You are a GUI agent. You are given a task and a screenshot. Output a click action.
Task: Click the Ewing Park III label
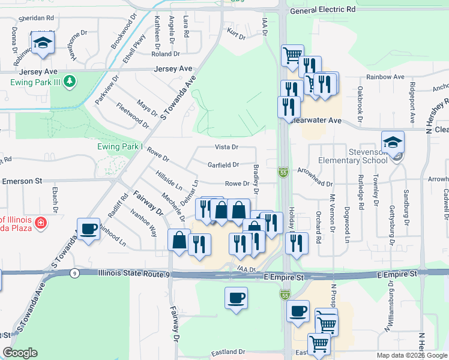[x=33, y=80]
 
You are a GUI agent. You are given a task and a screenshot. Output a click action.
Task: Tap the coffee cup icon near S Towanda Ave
[x=89, y=229]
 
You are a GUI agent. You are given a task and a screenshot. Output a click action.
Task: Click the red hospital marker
[x=40, y=223]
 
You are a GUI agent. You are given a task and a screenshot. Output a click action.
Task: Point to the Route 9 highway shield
[x=74, y=273]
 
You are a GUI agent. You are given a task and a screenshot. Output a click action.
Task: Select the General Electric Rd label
[x=322, y=10]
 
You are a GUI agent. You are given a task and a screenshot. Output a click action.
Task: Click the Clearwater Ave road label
[x=316, y=121]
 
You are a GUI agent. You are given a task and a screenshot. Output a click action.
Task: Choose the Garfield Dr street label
[x=223, y=164]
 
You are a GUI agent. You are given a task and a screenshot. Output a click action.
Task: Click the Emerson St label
[x=23, y=181]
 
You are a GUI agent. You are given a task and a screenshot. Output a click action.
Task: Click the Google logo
[x=20, y=353]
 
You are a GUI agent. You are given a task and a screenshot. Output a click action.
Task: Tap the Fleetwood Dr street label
[x=132, y=116]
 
